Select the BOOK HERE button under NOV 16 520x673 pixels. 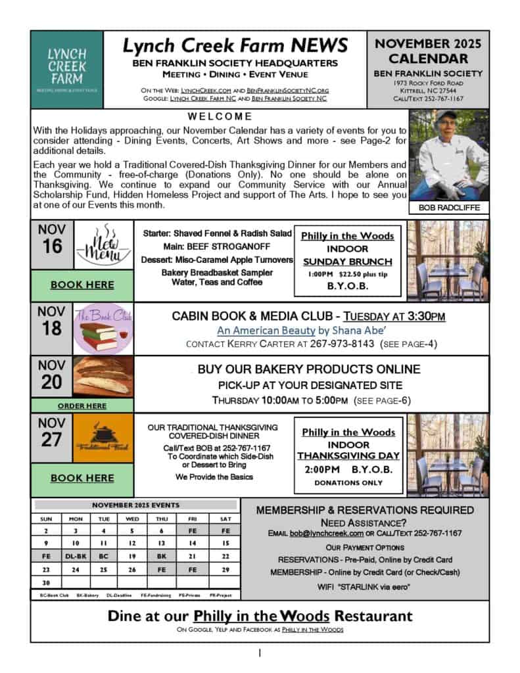(x=82, y=285)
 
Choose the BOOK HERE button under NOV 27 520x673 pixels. (x=82, y=478)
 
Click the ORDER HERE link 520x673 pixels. (x=82, y=406)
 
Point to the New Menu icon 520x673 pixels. (x=101, y=245)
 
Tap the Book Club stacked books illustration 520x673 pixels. (x=101, y=329)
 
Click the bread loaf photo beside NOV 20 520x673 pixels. (x=101, y=377)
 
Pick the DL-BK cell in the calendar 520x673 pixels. (x=76, y=556)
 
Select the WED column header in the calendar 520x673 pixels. (x=132, y=519)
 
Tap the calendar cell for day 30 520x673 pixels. (x=47, y=582)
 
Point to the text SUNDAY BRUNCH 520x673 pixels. (x=348, y=261)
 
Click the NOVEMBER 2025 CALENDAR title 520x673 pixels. (x=428, y=51)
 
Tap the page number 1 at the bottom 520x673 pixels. (x=260, y=653)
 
